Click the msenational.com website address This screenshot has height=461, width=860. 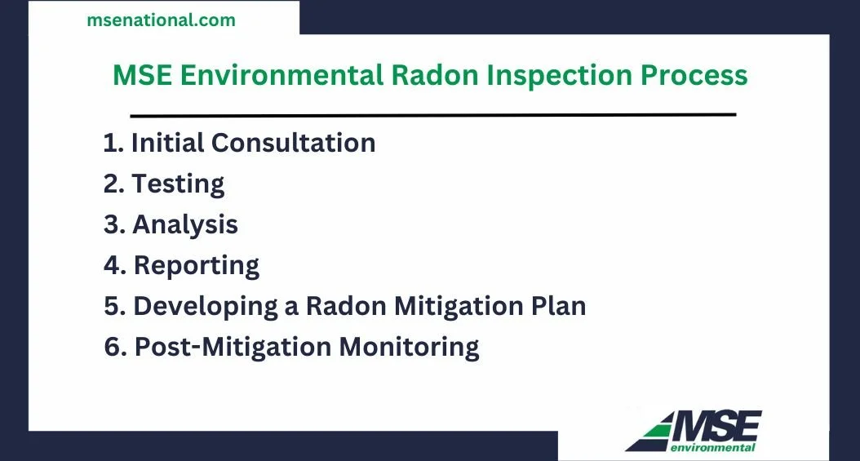pyautogui.click(x=161, y=20)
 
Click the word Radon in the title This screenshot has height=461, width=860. pyautogui.click(x=432, y=75)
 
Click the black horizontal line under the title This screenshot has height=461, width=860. pyautogui.click(x=432, y=114)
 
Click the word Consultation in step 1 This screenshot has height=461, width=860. pyautogui.click(x=293, y=143)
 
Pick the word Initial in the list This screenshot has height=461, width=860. pyautogui.click(x=167, y=143)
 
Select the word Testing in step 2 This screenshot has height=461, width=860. pyautogui.click(x=178, y=184)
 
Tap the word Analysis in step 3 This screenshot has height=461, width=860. pyautogui.click(x=185, y=224)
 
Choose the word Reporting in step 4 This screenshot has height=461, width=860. pyautogui.click(x=196, y=265)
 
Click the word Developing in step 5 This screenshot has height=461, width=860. pyautogui.click(x=206, y=307)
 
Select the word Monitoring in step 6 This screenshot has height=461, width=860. pyautogui.click(x=409, y=348)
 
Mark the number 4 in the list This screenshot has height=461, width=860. pyautogui.click(x=113, y=265)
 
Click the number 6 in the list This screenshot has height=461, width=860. pyautogui.click(x=113, y=347)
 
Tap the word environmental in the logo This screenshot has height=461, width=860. pyautogui.click(x=712, y=447)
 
